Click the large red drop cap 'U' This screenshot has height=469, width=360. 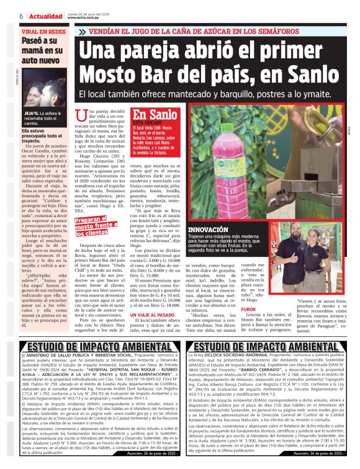(x=80, y=115)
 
